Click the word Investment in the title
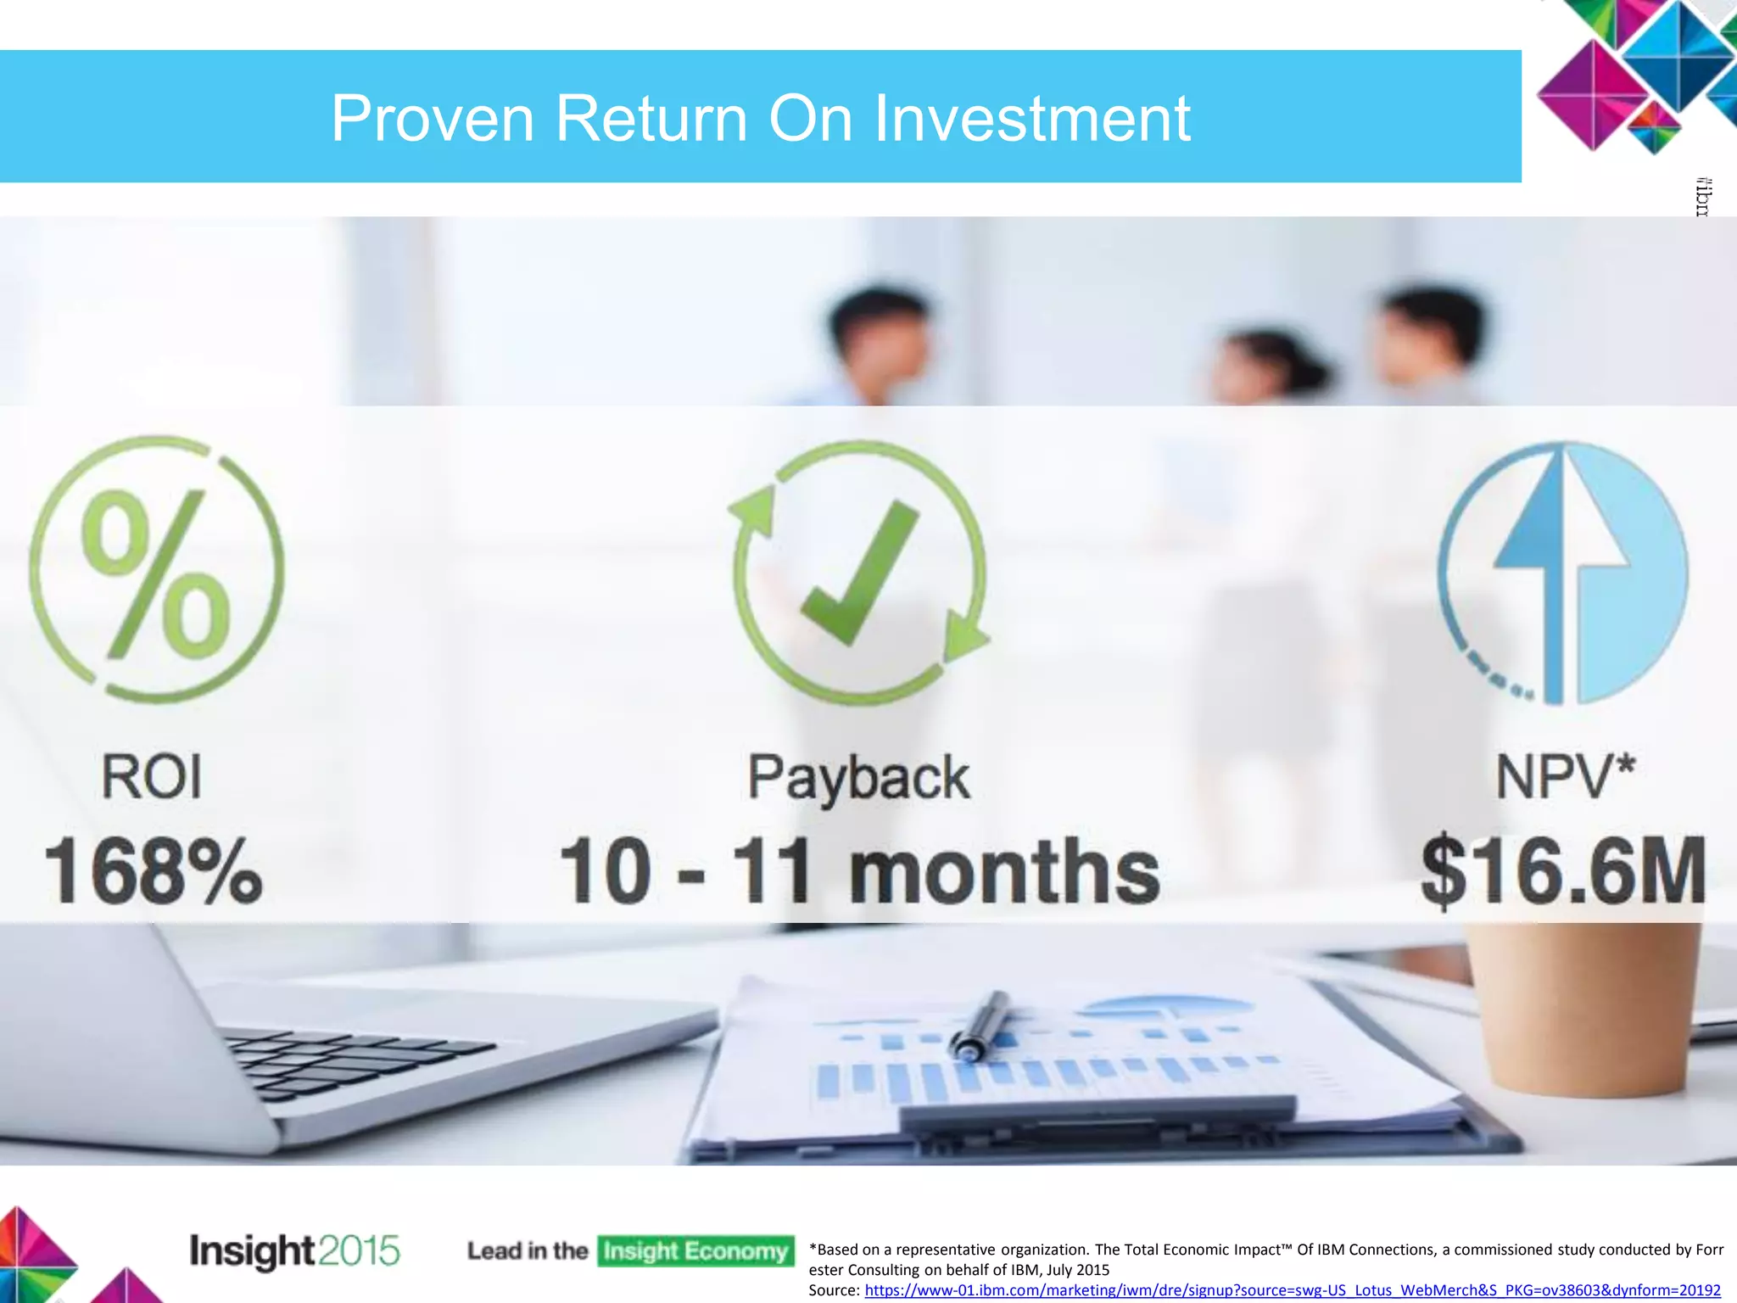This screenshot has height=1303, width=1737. point(1032,119)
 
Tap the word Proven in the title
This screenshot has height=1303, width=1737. point(433,119)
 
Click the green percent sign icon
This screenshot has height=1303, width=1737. point(156,573)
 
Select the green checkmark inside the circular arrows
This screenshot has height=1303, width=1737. point(858,573)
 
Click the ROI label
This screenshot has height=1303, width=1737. point(152,777)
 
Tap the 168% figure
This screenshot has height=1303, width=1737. point(153,871)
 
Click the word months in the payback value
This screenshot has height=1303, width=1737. point(1004,871)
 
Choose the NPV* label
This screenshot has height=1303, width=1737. point(1565,777)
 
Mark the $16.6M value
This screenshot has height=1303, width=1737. point(1563,871)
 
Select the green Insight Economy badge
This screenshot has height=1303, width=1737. point(695,1251)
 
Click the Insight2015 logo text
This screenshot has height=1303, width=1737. point(293,1251)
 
